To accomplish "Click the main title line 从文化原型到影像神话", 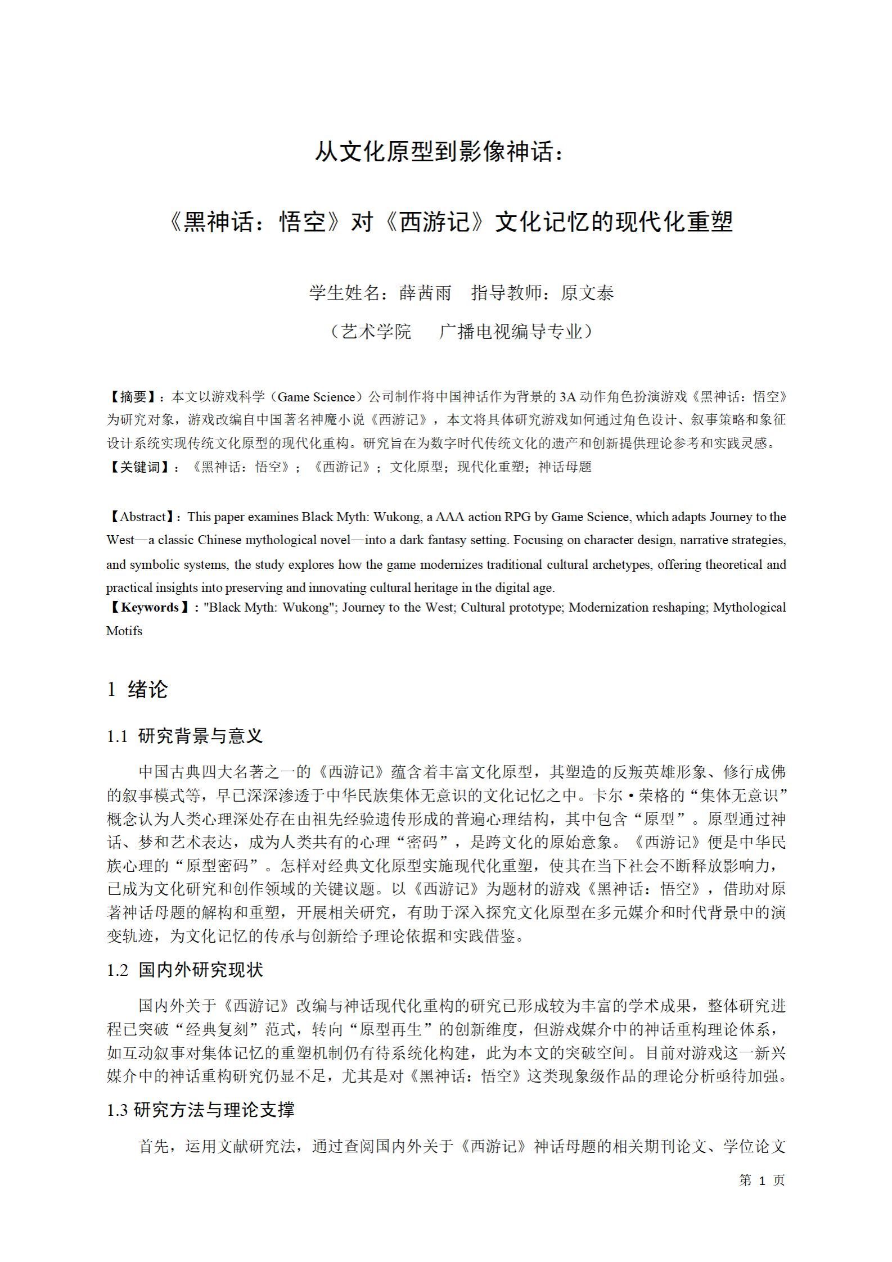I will tap(439, 152).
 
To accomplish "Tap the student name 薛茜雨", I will tap(425, 293).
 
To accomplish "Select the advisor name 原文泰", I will tap(587, 293).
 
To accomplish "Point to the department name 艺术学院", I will tap(376, 332).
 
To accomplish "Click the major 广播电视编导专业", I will tap(511, 332).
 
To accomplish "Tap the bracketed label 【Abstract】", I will tap(143, 517).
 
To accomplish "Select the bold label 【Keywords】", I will tap(150, 607).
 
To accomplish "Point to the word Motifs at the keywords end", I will tap(124, 631).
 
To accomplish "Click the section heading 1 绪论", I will tap(137, 689).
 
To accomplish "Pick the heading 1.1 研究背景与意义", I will tap(185, 736).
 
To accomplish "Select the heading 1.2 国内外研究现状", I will tap(185, 970).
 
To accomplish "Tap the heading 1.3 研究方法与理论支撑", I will tap(200, 1110).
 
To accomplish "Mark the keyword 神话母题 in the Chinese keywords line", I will tap(565, 467).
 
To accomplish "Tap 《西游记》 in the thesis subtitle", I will tap(435, 222).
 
